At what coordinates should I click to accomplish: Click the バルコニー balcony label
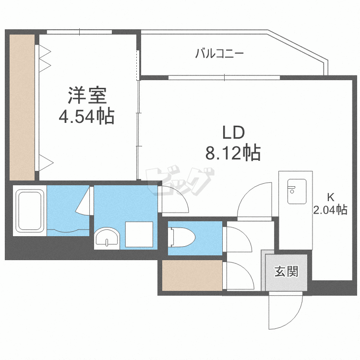point(219,53)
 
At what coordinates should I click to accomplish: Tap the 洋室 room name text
point(86,96)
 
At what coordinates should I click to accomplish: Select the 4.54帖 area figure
point(86,117)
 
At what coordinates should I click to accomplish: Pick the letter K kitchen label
point(330,196)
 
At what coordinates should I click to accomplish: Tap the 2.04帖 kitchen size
point(330,209)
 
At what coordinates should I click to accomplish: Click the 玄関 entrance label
point(287,272)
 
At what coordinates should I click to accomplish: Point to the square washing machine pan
point(139,234)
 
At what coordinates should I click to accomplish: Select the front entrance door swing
point(285,311)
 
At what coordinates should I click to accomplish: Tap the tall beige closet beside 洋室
point(22,107)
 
